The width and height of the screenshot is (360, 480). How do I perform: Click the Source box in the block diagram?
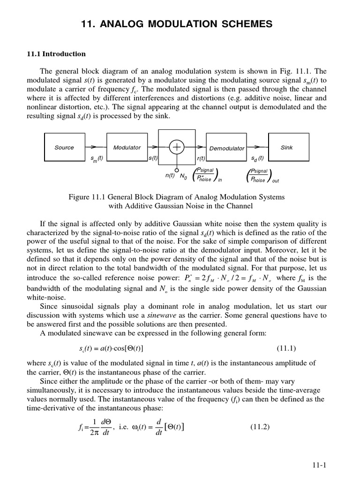tap(64, 147)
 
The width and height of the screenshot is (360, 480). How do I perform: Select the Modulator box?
tap(127, 147)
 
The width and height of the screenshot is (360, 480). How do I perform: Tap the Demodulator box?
tap(226, 148)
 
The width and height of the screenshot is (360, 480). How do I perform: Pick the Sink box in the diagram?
tap(286, 147)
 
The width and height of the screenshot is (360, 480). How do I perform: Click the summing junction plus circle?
tap(177, 147)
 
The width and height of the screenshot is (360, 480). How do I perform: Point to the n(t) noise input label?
tap(170, 175)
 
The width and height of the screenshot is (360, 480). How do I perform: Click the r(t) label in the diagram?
tap(202, 158)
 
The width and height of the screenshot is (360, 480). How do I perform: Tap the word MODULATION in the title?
tap(171, 23)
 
